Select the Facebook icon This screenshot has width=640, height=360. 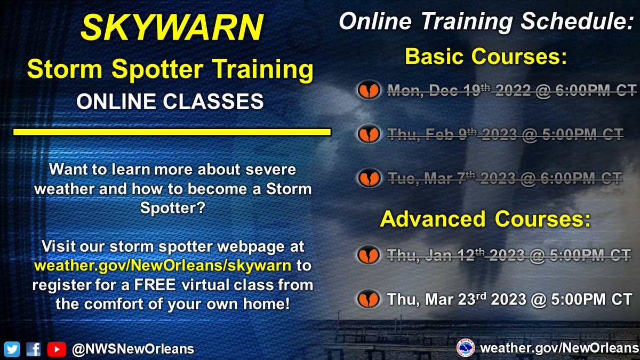click(x=33, y=349)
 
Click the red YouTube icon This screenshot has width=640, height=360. click(x=53, y=349)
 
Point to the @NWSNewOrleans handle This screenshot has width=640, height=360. click(x=132, y=349)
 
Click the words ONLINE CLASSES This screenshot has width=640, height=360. click(x=170, y=100)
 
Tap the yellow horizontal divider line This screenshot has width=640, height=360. click(x=172, y=131)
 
